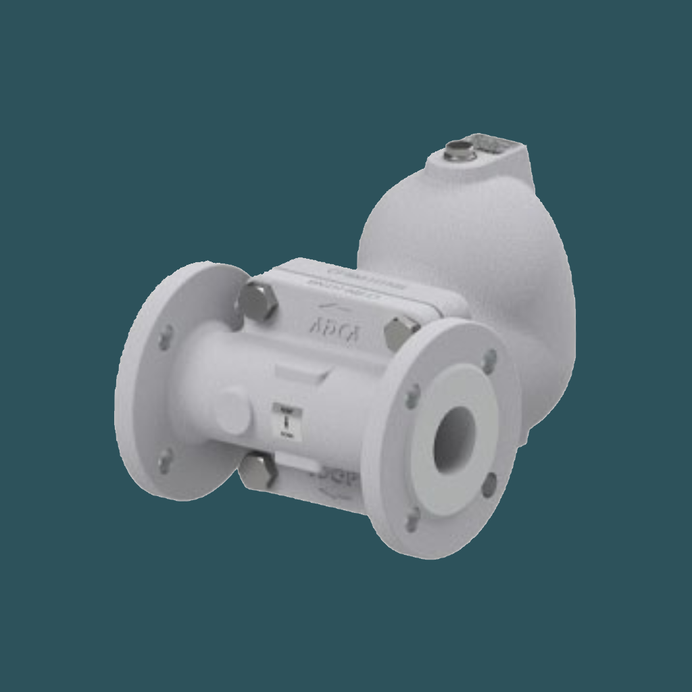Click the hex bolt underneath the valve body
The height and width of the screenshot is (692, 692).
point(258,471)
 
